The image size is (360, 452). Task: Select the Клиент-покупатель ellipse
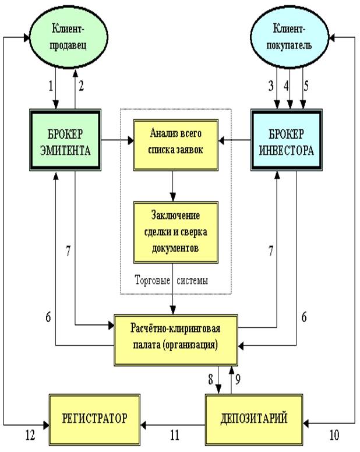(x=290, y=37)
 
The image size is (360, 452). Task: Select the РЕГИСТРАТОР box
(x=95, y=419)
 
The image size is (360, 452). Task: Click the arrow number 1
(x=50, y=86)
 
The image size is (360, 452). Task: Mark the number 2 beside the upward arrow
(x=82, y=86)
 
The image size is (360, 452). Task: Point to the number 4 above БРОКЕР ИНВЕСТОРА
(x=285, y=86)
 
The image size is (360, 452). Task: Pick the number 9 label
(x=238, y=378)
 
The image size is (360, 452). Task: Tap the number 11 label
(x=174, y=433)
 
